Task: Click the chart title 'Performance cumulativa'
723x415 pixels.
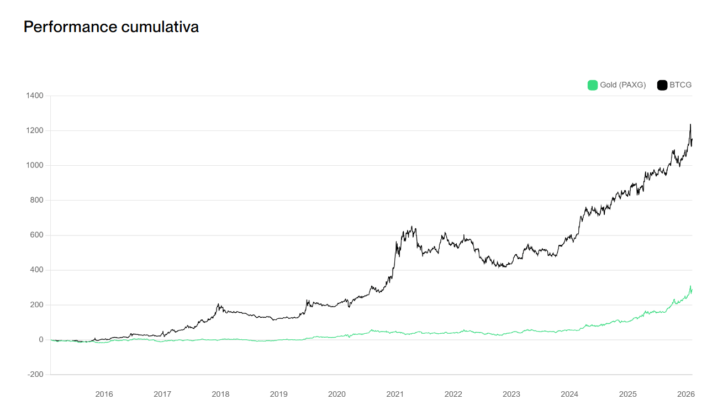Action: click(111, 27)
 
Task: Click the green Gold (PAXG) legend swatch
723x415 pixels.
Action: click(592, 85)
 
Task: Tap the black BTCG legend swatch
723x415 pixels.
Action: click(662, 85)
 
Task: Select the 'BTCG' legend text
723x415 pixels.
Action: click(680, 85)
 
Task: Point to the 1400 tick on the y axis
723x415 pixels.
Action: click(34, 96)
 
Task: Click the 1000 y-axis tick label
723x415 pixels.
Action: click(34, 166)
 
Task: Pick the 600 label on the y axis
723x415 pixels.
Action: click(36, 235)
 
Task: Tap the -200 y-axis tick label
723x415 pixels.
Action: click(35, 375)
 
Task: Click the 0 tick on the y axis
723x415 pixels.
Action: click(41, 340)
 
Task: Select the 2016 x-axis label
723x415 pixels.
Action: click(104, 394)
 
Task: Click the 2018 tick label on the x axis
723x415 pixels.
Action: click(220, 394)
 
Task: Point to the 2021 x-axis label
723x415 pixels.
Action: click(395, 394)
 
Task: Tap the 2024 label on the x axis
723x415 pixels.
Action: click(569, 394)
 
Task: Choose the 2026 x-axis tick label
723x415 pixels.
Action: click(685, 394)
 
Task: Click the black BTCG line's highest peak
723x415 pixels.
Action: click(690, 124)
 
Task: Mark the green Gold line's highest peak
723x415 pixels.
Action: click(690, 286)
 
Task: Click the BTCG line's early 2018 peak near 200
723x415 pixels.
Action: click(219, 304)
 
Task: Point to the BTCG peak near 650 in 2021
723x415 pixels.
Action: click(412, 226)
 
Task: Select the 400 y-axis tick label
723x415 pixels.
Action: click(36, 270)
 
